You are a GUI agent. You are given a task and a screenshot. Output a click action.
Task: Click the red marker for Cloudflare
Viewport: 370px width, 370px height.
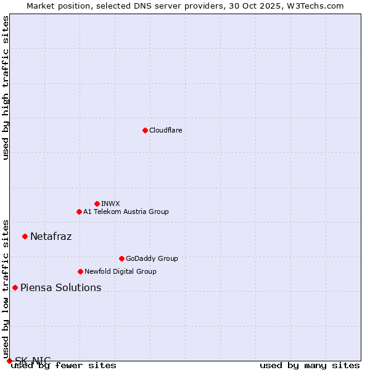pyautogui.click(x=145, y=130)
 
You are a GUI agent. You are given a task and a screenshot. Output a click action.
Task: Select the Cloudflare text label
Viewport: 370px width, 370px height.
pyautogui.click(x=165, y=130)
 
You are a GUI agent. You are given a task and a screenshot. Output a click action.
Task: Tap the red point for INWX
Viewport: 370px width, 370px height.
pyautogui.click(x=97, y=203)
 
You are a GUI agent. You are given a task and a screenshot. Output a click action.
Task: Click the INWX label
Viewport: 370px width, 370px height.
pyautogui.click(x=110, y=203)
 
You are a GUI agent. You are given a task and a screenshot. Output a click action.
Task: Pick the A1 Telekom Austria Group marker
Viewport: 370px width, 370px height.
pyautogui.click(x=79, y=212)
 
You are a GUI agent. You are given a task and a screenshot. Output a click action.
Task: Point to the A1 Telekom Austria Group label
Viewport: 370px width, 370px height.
pyautogui.click(x=126, y=212)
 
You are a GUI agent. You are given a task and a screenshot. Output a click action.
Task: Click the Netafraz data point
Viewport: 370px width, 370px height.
pyautogui.click(x=25, y=236)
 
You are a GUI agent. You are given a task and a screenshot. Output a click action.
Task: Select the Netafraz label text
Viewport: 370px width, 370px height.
pyautogui.click(x=51, y=236)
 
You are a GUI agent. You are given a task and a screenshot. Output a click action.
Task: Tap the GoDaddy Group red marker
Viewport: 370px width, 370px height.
pyautogui.click(x=121, y=258)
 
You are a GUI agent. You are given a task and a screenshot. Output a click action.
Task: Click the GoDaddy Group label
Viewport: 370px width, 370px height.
pyautogui.click(x=151, y=258)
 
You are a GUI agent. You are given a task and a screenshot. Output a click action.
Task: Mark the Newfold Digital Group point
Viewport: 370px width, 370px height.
pyautogui.click(x=80, y=271)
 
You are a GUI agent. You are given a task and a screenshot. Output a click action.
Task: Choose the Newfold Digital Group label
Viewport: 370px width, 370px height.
pyautogui.click(x=120, y=271)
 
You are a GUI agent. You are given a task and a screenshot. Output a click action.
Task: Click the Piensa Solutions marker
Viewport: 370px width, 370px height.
pyautogui.click(x=15, y=287)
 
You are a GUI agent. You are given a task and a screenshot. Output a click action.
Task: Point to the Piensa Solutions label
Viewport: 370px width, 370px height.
pyautogui.click(x=60, y=287)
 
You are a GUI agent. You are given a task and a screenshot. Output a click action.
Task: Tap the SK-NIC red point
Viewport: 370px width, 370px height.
pyautogui.click(x=9, y=361)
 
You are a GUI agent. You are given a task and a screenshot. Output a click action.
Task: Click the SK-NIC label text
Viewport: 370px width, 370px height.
pyautogui.click(x=33, y=360)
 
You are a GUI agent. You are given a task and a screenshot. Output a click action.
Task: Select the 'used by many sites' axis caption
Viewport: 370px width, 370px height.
pyautogui.click(x=310, y=366)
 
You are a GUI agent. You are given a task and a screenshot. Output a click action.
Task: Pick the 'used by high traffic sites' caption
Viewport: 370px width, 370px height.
pyautogui.click(x=6, y=88)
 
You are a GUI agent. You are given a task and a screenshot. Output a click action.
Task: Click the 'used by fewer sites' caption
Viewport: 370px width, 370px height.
pyautogui.click(x=64, y=366)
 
